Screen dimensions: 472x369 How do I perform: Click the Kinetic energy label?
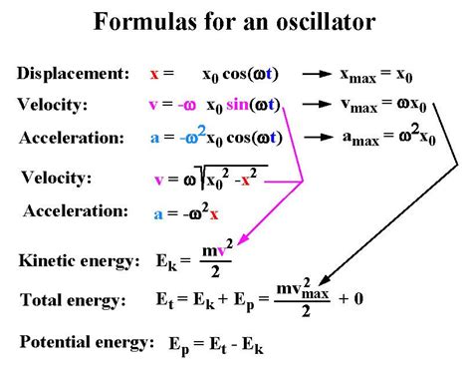pyautogui.click(x=79, y=261)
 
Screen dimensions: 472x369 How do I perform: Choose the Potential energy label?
pyautogui.click(x=85, y=342)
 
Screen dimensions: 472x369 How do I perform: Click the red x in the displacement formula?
pyautogui.click(x=153, y=75)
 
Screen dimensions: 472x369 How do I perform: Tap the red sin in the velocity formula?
pyautogui.click(x=240, y=105)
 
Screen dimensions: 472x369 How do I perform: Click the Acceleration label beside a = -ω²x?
pyautogui.click(x=76, y=210)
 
